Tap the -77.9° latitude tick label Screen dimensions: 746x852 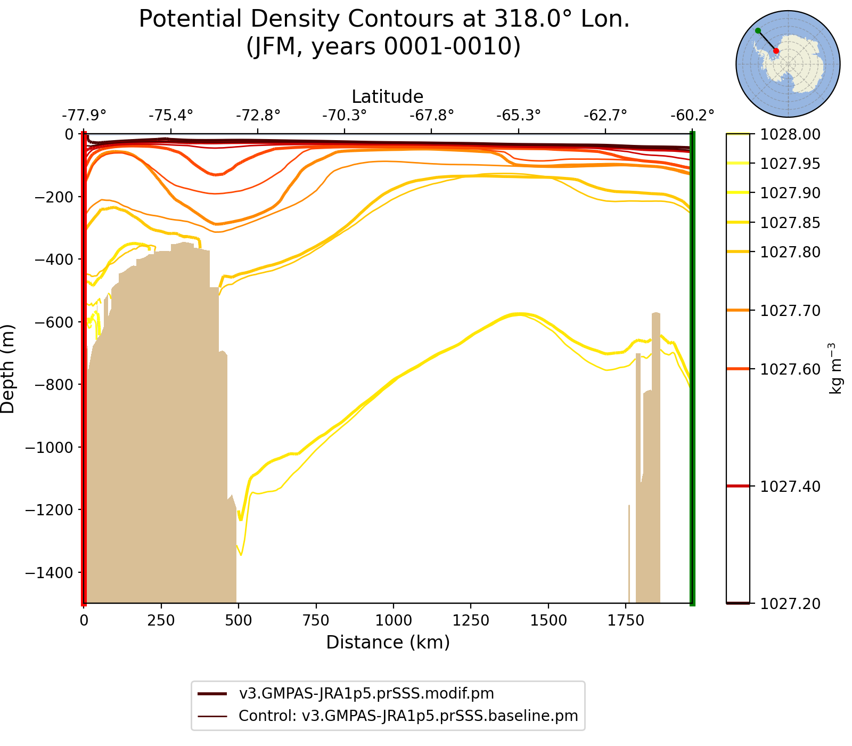pyautogui.click(x=84, y=115)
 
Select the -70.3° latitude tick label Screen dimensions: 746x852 pyautogui.click(x=345, y=115)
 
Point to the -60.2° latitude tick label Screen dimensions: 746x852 pyautogui.click(x=692, y=115)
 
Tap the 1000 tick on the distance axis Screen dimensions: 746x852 pyautogui.click(x=393, y=621)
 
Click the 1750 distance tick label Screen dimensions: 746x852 pyautogui.click(x=626, y=621)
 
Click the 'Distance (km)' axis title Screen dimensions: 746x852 pyautogui.click(x=388, y=643)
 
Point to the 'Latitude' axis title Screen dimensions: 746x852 pyautogui.click(x=388, y=97)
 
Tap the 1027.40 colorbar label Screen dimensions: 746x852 pyautogui.click(x=790, y=486)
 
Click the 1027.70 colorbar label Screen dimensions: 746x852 pyautogui.click(x=790, y=311)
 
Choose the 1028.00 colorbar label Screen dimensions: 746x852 pyautogui.click(x=790, y=135)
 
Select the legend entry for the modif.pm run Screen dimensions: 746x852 pyautogui.click(x=366, y=694)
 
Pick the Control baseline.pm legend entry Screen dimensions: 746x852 pyautogui.click(x=408, y=716)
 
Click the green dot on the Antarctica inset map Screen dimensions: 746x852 pyautogui.click(x=758, y=31)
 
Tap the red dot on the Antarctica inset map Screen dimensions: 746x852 pyautogui.click(x=776, y=51)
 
